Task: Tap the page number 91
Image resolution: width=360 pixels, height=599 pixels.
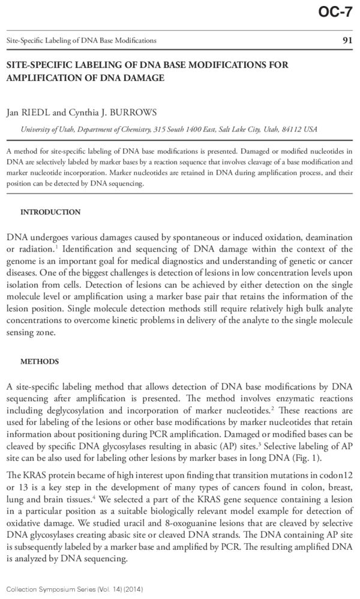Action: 346,40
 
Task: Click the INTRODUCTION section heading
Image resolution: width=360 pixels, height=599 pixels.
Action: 50,212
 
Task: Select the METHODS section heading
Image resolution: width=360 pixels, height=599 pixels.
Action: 40,362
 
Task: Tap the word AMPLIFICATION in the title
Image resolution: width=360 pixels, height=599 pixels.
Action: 44,77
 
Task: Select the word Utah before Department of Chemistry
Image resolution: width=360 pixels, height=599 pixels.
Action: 62,130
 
